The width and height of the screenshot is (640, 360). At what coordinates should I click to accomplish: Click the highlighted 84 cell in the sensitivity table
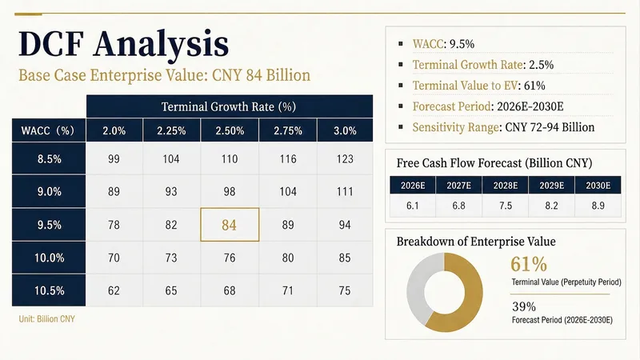tap(230, 225)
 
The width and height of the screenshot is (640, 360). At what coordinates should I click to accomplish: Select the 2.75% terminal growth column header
tap(288, 130)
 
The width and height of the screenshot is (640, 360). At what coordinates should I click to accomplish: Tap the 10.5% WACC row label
tap(49, 290)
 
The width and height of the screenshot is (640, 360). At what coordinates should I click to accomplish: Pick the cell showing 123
tap(345, 158)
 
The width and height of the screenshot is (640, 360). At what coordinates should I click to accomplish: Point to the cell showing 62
tap(114, 290)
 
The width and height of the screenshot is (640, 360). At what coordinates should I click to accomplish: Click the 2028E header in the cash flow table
tap(506, 186)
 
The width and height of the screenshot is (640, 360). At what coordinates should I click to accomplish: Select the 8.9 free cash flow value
tap(598, 206)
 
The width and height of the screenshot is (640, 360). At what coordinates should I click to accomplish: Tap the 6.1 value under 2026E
tap(413, 206)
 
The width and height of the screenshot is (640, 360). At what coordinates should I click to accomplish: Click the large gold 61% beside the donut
tap(529, 264)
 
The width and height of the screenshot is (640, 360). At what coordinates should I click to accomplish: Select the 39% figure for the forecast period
tap(524, 306)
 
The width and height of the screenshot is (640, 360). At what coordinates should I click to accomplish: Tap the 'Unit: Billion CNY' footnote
tap(47, 318)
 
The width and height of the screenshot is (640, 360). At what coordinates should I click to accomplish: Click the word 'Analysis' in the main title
tap(162, 44)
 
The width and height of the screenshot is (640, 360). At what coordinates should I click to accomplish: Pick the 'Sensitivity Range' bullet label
tap(455, 127)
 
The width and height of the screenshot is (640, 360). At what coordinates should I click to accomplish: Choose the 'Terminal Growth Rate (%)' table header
tap(229, 107)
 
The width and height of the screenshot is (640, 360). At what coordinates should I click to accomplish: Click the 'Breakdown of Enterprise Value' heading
tap(476, 242)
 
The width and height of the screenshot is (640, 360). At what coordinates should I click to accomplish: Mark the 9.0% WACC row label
tap(49, 191)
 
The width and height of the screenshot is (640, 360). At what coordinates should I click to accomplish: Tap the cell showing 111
tap(345, 191)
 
